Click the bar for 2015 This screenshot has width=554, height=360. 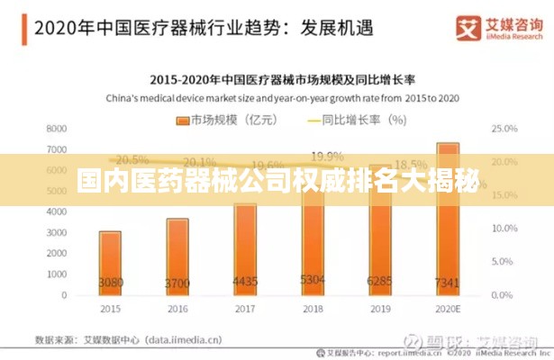110,262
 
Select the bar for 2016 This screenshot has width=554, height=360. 177,256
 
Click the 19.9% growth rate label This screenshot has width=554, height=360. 326,155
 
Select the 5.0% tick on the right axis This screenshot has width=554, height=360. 502,262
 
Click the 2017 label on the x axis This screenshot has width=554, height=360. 245,309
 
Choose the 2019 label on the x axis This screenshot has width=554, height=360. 380,309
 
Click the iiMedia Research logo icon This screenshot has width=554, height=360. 468,27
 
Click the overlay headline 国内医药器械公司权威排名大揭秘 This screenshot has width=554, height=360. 277,180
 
